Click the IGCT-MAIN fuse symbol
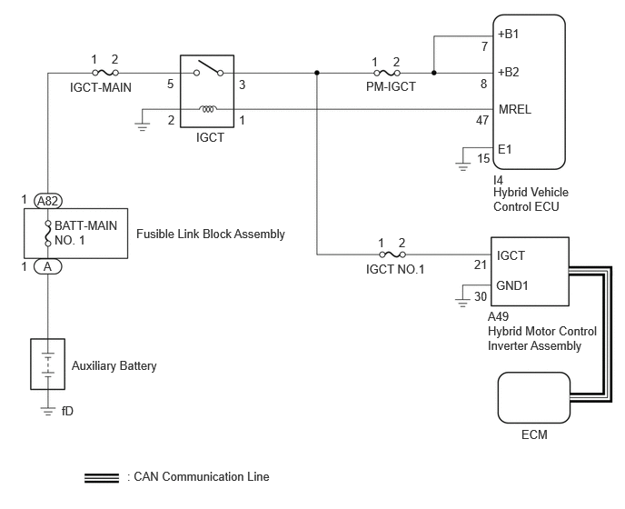105,73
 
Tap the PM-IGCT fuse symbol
387,73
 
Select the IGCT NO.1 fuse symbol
392,254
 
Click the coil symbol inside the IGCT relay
208,108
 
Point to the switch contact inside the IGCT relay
208,68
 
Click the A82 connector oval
48,201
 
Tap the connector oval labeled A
48,266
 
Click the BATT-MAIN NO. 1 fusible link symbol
48,233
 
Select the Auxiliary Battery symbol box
48,364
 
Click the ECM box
534,398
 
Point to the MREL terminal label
514,109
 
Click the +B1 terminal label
508,35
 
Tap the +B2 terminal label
508,72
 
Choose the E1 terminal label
504,149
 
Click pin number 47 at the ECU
482,120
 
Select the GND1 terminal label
512,285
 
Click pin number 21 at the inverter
481,264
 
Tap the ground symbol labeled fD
48,411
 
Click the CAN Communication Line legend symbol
102,478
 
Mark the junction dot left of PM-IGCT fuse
317,73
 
